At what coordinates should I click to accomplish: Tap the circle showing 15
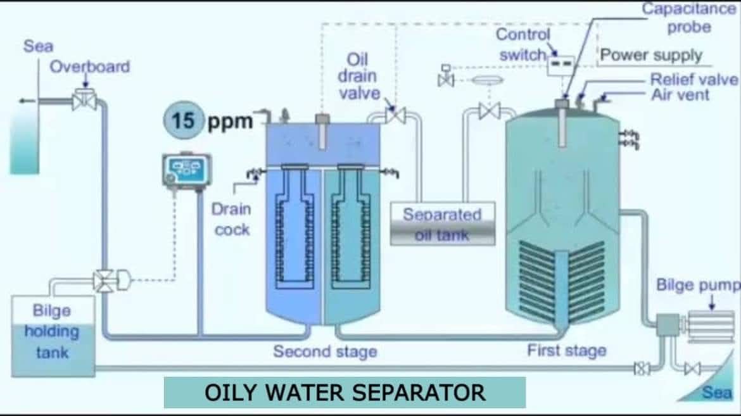tap(183, 119)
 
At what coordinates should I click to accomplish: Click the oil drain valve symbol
tap(396, 115)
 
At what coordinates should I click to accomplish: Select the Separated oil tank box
tap(442, 224)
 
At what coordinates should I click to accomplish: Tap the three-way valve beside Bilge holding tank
tap(103, 280)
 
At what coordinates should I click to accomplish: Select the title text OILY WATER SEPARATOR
tap(345, 393)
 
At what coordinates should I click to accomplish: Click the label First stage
tap(566, 350)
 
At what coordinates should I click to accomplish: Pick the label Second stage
tap(324, 351)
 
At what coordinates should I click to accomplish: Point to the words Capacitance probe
tap(689, 18)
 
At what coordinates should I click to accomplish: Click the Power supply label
tap(651, 55)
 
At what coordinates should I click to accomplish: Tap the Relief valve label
tap(693, 79)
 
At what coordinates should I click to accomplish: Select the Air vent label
tap(680, 95)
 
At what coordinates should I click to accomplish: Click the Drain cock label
tap(231, 218)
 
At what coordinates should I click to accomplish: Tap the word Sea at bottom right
tap(717, 393)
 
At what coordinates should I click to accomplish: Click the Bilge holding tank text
tap(52, 331)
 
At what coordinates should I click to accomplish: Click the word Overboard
tap(90, 66)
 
